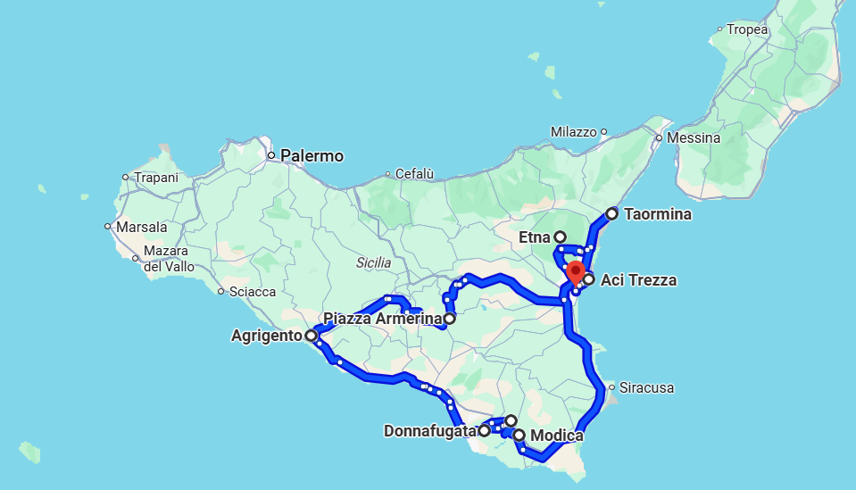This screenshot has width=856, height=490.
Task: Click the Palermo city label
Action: tap(312, 156)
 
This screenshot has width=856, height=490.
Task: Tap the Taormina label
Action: tap(658, 214)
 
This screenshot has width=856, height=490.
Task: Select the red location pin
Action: tap(576, 272)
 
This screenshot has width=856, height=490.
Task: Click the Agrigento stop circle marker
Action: tap(311, 336)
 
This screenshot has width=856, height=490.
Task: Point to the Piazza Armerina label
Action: tap(382, 319)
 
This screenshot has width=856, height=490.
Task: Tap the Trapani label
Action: tap(156, 178)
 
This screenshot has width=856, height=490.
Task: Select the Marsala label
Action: tap(141, 227)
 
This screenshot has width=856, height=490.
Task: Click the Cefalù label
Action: tap(414, 174)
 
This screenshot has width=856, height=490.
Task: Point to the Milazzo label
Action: tap(573, 132)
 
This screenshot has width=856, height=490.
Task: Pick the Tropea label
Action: tap(747, 29)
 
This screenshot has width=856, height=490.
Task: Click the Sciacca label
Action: tap(253, 292)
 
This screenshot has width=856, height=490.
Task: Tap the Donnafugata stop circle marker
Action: tap(485, 430)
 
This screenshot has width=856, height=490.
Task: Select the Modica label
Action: tap(556, 436)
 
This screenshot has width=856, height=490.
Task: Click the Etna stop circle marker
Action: tap(560, 237)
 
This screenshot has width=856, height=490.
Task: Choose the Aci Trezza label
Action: tap(638, 280)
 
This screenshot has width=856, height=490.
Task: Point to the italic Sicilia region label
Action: tap(373, 262)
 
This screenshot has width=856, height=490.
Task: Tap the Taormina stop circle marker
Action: tap(611, 214)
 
